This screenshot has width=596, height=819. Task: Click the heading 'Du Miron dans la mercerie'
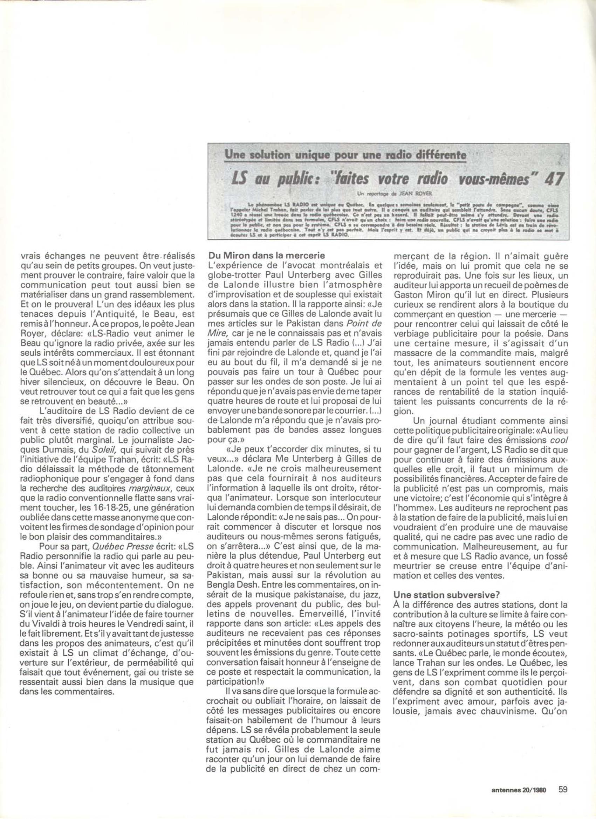(267, 255)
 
